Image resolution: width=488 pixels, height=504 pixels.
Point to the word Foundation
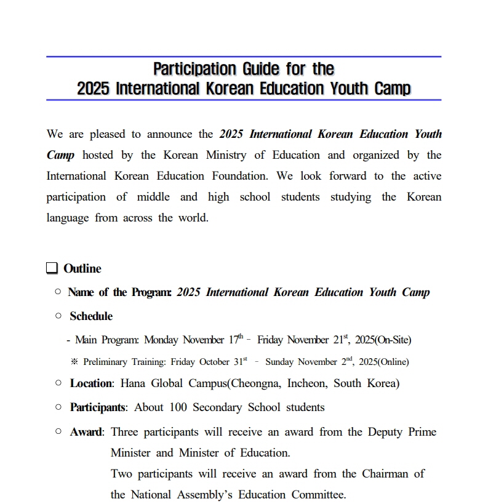(x=240, y=176)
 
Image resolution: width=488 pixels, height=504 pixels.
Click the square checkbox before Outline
(x=52, y=268)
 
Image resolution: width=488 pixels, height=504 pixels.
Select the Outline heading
(x=82, y=268)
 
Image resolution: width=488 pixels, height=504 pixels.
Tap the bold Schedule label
(x=91, y=316)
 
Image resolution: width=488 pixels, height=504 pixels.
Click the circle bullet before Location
(x=58, y=383)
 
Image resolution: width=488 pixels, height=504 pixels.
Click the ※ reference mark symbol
(x=74, y=362)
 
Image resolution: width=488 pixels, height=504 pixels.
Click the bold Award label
(x=86, y=432)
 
